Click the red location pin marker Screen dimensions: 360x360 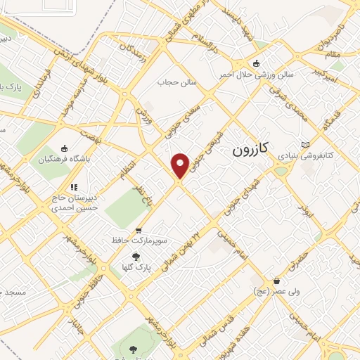tap(181, 166)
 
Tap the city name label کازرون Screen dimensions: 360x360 tap(251, 150)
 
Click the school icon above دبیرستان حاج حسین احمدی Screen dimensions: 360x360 tap(73, 187)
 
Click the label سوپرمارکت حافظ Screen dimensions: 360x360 tap(139, 240)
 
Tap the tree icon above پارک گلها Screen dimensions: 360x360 tap(136, 257)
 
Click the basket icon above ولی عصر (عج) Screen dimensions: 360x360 tap(277, 281)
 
